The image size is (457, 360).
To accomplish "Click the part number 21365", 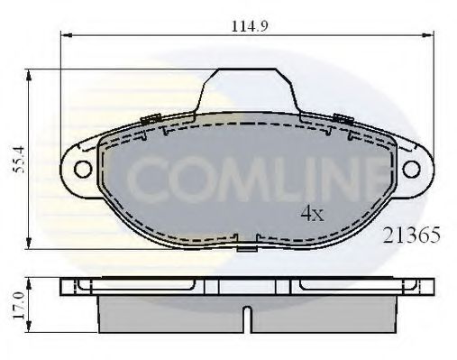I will (412, 236).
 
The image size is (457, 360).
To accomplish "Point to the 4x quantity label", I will (312, 215).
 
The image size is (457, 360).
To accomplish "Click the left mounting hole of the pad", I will (79, 168).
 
